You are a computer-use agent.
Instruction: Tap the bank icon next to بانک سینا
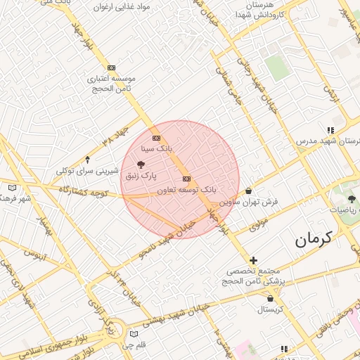(x=156, y=138)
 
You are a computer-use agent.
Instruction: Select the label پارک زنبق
(x=141, y=174)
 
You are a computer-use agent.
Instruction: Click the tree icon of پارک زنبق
(x=141, y=164)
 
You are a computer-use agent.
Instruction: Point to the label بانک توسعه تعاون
(x=186, y=190)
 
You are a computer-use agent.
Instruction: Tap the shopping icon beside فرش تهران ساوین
(x=249, y=191)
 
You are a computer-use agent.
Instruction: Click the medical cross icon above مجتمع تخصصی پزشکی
(x=254, y=260)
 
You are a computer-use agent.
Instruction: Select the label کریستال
(x=269, y=309)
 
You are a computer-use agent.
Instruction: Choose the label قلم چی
(x=134, y=345)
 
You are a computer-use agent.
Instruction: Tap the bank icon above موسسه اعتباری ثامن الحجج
(x=111, y=67)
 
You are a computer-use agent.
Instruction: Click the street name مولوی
(x=259, y=225)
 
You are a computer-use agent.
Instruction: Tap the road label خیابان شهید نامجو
(x=162, y=241)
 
